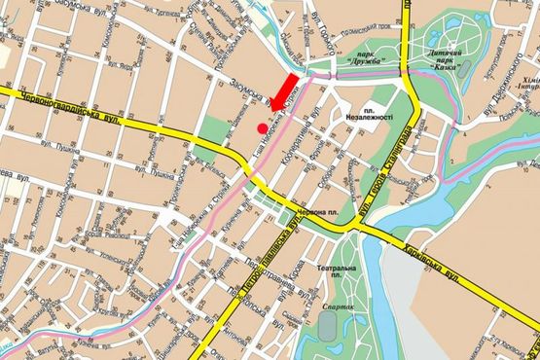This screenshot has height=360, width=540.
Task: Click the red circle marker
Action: [x=262, y=127]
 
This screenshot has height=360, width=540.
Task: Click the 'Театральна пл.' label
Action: [x=343, y=273]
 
